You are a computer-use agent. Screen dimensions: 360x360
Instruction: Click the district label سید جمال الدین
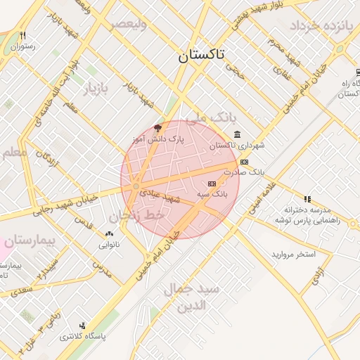[x=191, y=297]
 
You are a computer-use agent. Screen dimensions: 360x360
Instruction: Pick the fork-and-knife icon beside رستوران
[x=23, y=36]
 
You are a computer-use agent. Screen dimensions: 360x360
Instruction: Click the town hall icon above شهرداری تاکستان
[x=237, y=134]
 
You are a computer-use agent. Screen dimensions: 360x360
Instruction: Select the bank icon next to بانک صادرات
[x=244, y=162]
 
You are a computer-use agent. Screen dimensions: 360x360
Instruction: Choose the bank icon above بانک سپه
[x=212, y=184]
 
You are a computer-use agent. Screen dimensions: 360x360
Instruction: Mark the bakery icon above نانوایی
[x=108, y=233]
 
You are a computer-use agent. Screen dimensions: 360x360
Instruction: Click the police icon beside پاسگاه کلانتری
[x=84, y=326]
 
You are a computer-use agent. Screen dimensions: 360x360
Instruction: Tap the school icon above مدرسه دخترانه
[x=307, y=199]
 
